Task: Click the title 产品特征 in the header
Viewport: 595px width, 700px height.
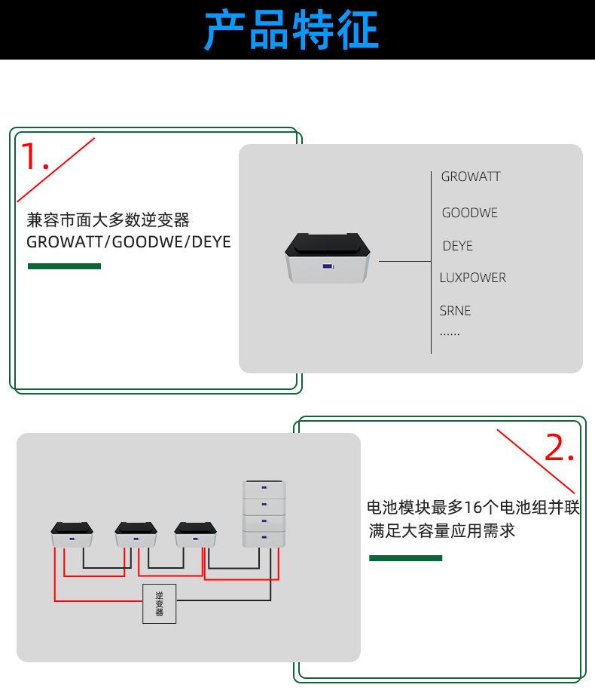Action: [291, 30]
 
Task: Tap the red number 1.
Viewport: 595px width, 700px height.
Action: [34, 156]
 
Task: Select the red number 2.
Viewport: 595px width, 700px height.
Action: [559, 449]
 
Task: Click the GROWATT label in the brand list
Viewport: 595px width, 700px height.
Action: [471, 177]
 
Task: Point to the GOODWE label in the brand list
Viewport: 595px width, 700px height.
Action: [470, 213]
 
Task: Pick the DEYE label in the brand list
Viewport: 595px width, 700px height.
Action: [458, 246]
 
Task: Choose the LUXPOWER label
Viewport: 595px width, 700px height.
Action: [473, 278]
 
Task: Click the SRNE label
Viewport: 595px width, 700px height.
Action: [456, 310]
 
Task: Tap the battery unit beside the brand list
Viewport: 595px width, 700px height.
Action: [328, 258]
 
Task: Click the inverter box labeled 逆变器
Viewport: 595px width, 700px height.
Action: [159, 603]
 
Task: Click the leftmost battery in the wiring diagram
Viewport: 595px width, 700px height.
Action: [72, 534]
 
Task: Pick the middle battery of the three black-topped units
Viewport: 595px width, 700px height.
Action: [136, 534]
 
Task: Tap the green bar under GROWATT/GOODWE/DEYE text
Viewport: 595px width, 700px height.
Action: [64, 266]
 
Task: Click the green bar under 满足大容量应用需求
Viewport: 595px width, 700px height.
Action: [405, 558]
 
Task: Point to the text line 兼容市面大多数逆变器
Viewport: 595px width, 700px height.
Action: [108, 220]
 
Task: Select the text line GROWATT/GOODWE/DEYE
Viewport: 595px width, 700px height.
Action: [129, 242]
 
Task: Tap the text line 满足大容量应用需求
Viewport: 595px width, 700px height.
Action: [442, 530]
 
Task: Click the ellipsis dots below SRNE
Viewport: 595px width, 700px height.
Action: [450, 333]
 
